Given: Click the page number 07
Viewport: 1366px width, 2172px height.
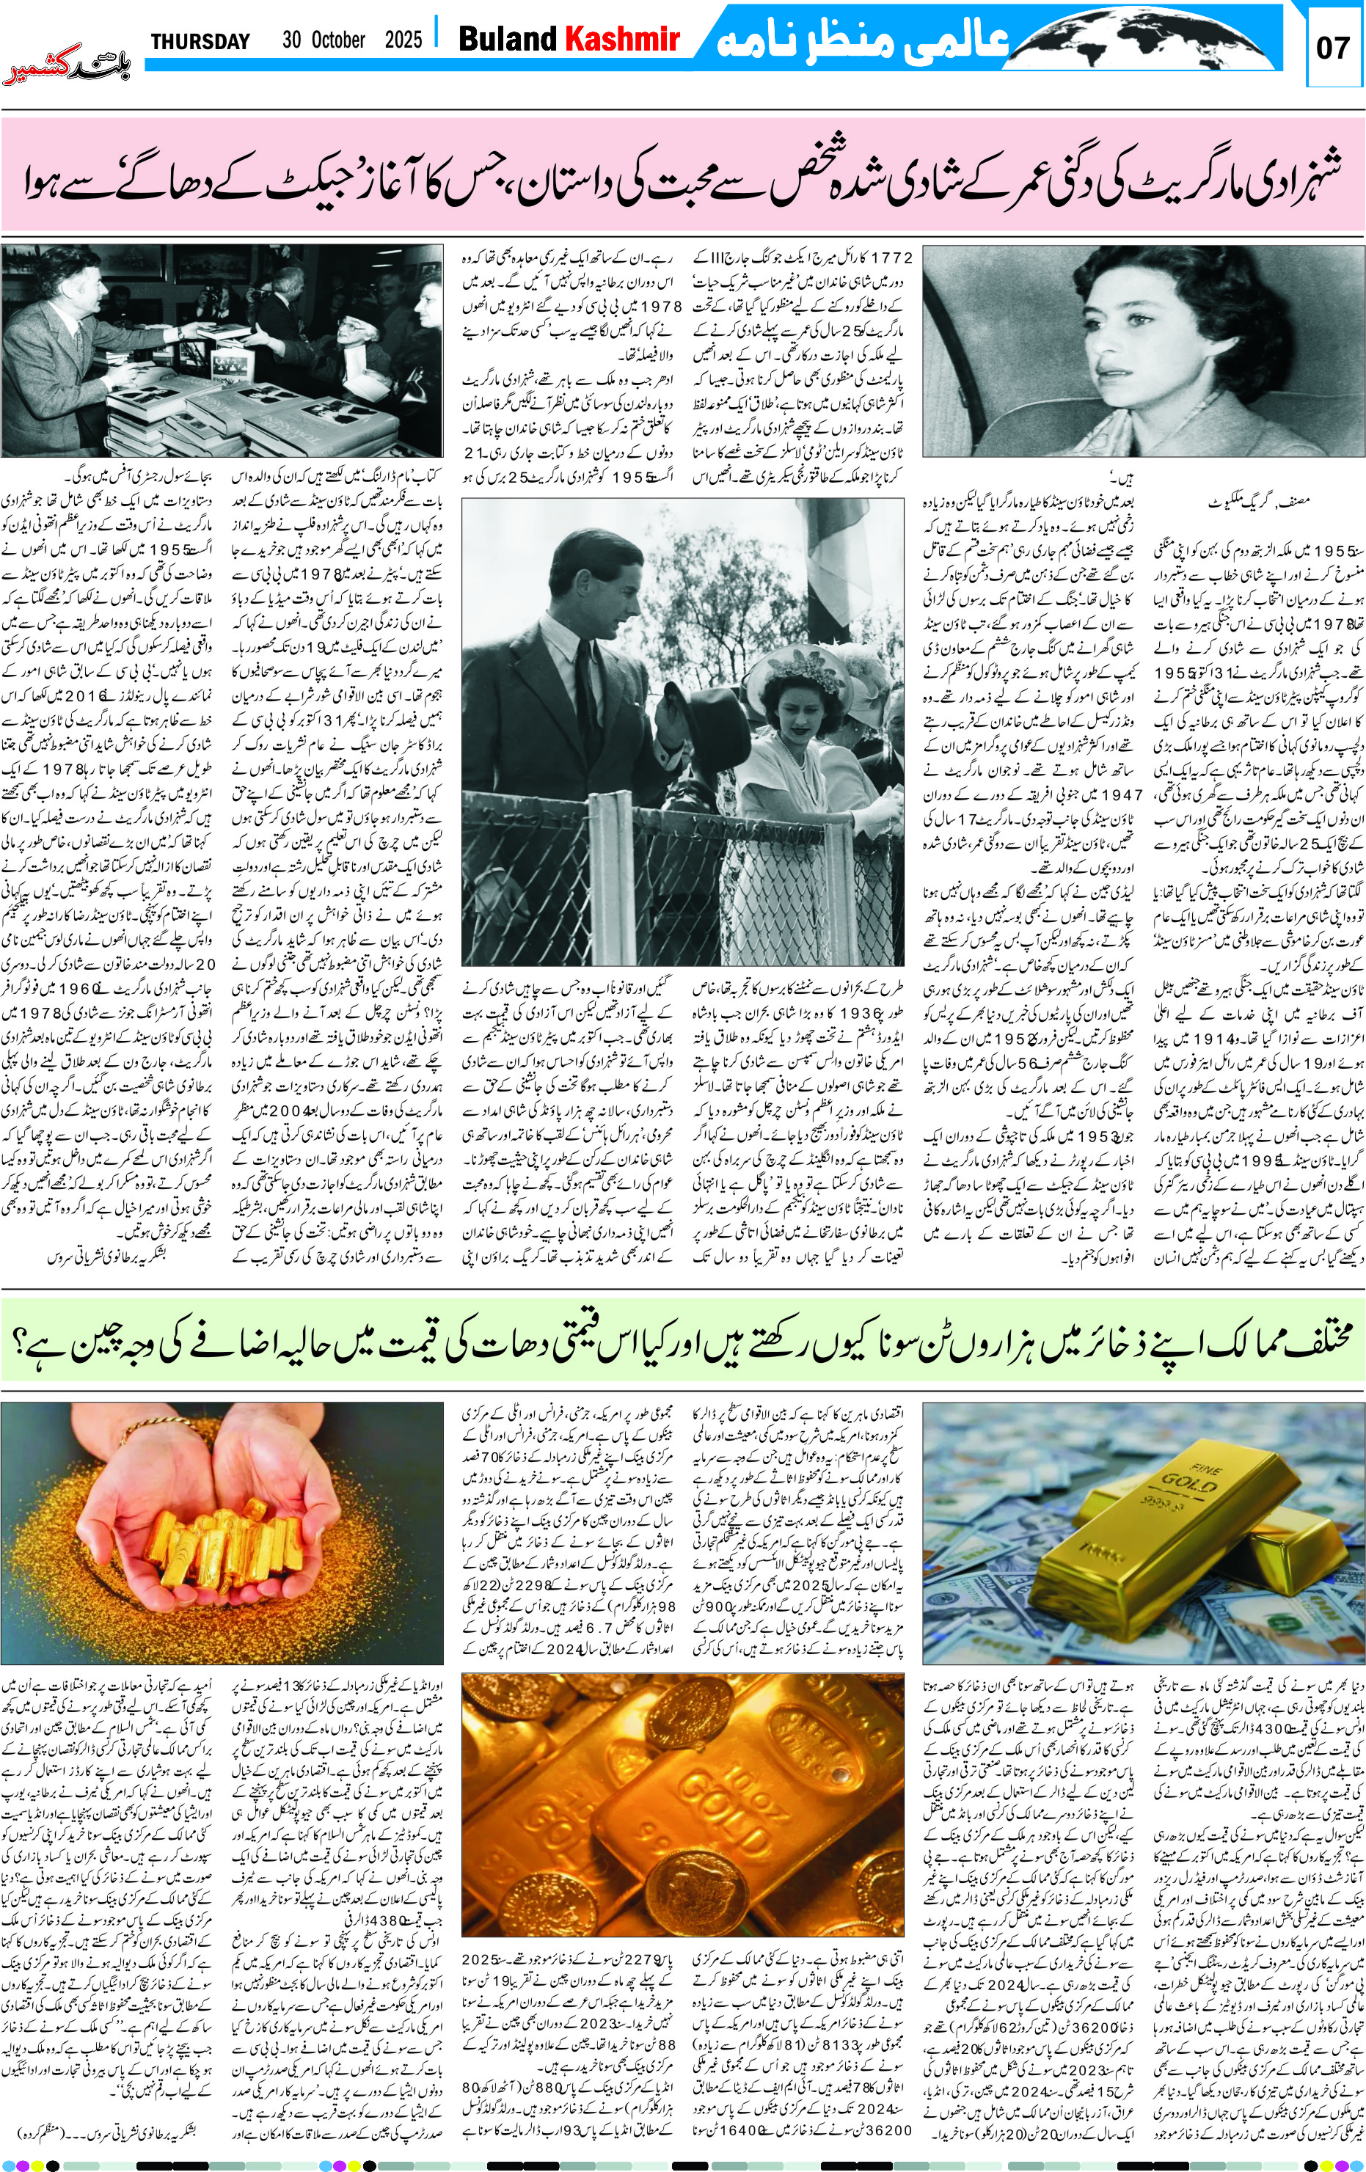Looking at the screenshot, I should point(1332,47).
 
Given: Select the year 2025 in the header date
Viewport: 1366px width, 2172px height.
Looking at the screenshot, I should point(403,40).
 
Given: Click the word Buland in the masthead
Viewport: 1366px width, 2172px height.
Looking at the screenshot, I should point(508,39).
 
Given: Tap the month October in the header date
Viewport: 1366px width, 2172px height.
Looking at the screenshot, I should point(338,40).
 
